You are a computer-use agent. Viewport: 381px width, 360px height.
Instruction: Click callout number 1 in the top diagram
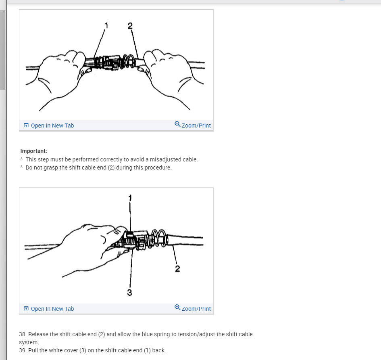point(106,25)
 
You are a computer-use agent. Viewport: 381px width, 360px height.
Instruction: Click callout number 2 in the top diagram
point(130,26)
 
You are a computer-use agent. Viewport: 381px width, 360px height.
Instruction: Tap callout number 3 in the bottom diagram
point(129,293)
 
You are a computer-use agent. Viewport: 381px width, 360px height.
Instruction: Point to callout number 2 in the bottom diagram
point(177,269)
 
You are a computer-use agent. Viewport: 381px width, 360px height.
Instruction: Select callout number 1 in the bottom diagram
point(130,198)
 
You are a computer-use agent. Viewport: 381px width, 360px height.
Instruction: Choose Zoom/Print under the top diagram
point(196,126)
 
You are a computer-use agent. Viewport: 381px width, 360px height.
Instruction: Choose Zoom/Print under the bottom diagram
point(196,309)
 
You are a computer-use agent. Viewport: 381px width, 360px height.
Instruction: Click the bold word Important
point(33,151)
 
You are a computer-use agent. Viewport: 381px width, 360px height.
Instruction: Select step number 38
point(23,334)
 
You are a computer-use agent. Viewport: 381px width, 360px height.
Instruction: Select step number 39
point(23,350)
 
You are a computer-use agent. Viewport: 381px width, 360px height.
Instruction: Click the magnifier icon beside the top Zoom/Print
point(177,124)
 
